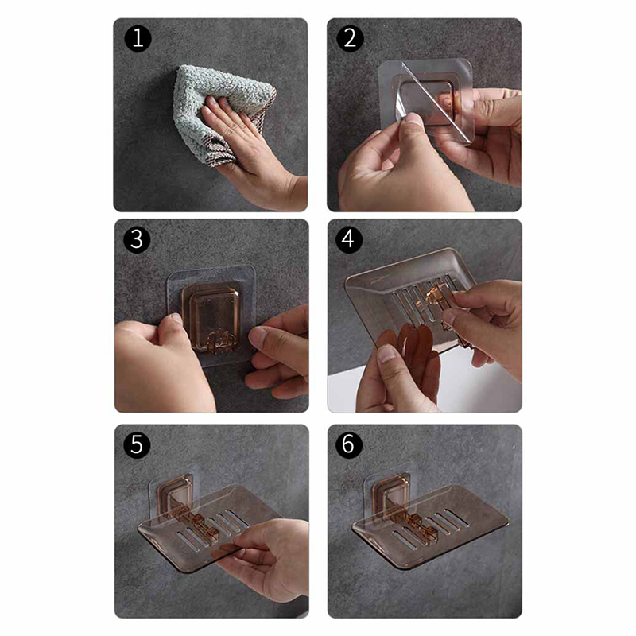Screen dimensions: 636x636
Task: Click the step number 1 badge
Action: click(x=138, y=38)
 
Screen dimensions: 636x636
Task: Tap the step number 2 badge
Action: click(x=350, y=38)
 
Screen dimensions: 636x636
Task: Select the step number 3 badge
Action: click(x=137, y=240)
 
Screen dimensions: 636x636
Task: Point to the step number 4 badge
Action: click(x=349, y=240)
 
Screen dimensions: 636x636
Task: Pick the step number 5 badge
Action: click(x=137, y=445)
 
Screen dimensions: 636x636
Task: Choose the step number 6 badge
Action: click(x=349, y=445)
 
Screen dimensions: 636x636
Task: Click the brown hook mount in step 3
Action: click(x=211, y=316)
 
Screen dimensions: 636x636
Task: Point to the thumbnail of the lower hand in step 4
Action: click(x=387, y=354)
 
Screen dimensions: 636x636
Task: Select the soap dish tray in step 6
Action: click(x=430, y=527)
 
